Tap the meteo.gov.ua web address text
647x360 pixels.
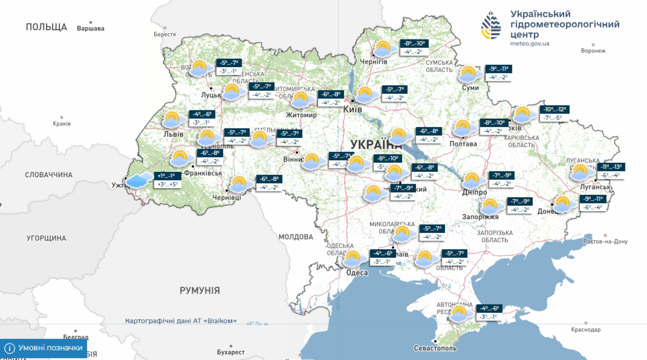(530, 44)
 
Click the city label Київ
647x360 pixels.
(352, 109)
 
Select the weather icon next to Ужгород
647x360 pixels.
(140, 180)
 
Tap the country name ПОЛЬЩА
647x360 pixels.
(46, 27)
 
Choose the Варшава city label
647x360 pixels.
(91, 28)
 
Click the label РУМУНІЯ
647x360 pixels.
(200, 290)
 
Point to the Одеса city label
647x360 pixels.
(357, 272)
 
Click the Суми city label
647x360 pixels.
(470, 88)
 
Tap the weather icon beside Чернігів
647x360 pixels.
(383, 49)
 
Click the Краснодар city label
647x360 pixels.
(586, 330)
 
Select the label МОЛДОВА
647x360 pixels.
(296, 237)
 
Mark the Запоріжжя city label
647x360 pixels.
(480, 217)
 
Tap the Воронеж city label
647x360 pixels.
(593, 51)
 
